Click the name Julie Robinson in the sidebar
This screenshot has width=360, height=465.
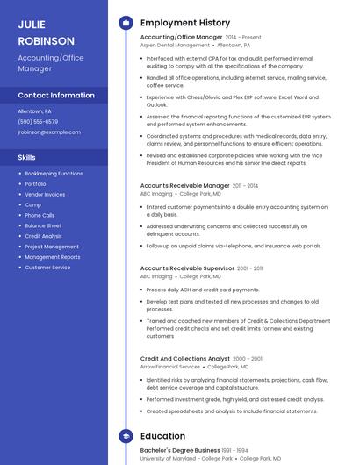[x=47, y=32]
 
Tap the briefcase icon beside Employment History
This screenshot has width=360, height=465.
[x=126, y=23]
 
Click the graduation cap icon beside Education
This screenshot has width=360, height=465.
[x=126, y=436]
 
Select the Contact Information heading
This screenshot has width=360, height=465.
[x=56, y=95]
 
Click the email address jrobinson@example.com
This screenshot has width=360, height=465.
[x=49, y=132]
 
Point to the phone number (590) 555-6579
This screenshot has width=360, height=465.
[x=38, y=122]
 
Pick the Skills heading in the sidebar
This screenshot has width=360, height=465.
[x=27, y=157]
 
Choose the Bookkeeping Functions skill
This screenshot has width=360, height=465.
[x=54, y=174]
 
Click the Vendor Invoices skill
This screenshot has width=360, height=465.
[x=45, y=195]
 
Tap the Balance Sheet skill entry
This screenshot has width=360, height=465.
[x=43, y=225]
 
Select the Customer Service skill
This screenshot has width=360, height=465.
[x=47, y=268]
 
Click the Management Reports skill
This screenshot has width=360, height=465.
[x=53, y=257]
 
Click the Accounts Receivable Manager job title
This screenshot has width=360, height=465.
[x=184, y=186]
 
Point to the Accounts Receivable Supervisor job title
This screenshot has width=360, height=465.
[x=187, y=268]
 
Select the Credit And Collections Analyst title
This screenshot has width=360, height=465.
[x=184, y=359]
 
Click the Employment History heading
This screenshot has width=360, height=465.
[x=185, y=23]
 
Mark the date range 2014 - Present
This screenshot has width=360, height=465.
[x=243, y=38]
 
